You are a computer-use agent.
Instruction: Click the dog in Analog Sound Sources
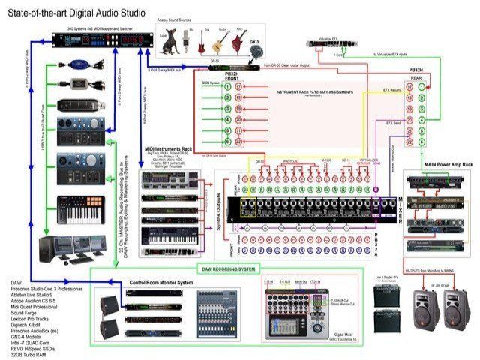click(165, 43)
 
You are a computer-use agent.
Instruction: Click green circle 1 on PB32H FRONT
click(227, 87)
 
